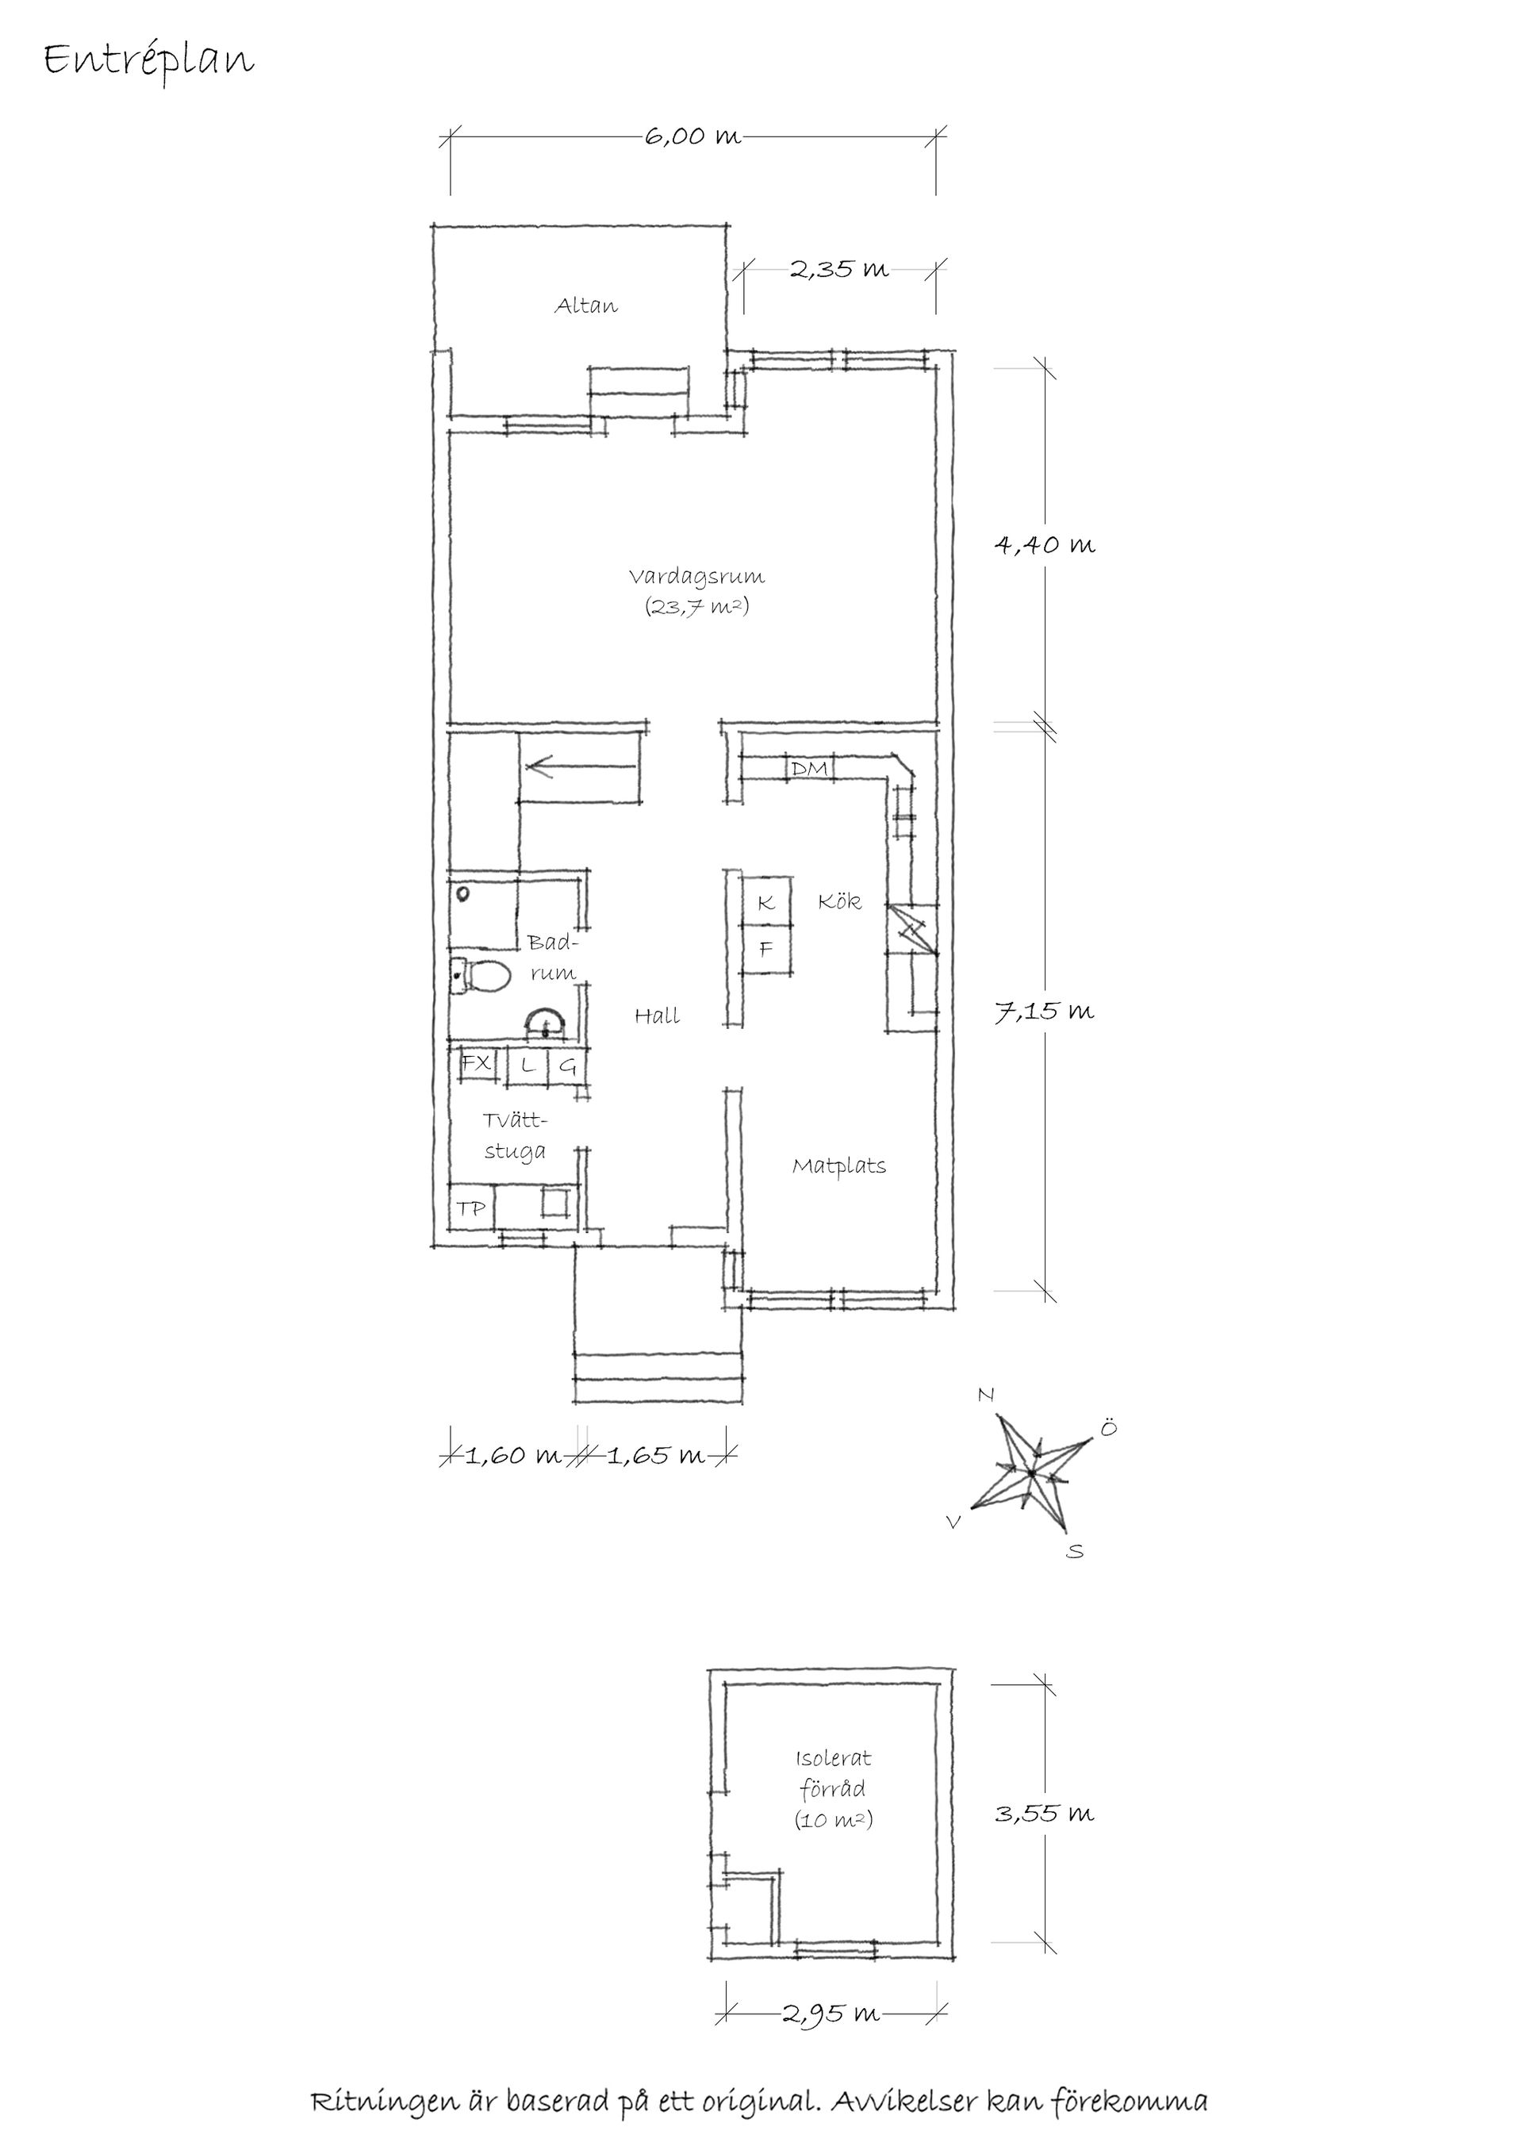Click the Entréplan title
pos(148,61)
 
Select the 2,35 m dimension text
pos(838,271)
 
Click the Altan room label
pos(586,305)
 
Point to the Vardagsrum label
pos(696,576)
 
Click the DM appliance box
pos(809,770)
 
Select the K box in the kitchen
pos(766,903)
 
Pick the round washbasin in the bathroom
pos(545,1024)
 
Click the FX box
pos(477,1064)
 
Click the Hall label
pos(657,1015)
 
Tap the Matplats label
pos(838,1166)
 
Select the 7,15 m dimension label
pos(1044,1012)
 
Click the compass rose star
pos(1030,1473)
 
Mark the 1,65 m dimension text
pos(654,1456)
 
